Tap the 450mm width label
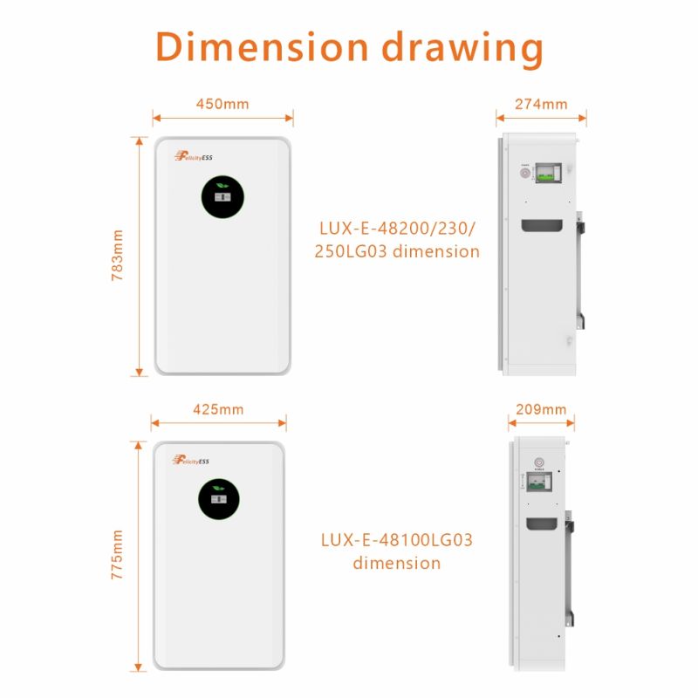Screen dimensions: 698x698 [222, 104]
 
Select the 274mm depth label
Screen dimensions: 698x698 [541, 104]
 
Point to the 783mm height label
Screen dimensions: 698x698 [119, 256]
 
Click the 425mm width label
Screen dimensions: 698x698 [218, 409]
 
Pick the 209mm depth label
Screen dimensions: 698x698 [541, 409]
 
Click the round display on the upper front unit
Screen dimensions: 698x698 [222, 198]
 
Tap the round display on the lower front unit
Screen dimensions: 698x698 [218, 498]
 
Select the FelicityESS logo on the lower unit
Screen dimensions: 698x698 [191, 459]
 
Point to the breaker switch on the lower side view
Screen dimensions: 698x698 [538, 482]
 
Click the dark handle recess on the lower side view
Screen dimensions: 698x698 [543, 524]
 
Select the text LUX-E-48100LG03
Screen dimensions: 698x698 [397, 540]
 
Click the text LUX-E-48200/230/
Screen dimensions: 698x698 [397, 229]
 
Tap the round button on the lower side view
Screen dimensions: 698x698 [538, 462]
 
